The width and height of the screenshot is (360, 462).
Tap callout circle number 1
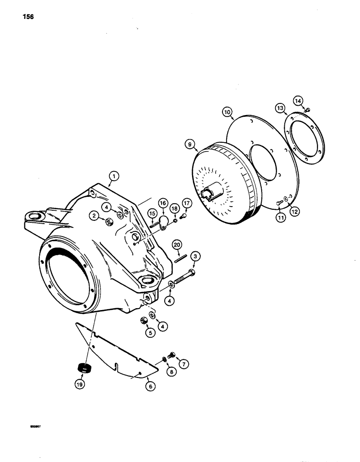tap(114, 176)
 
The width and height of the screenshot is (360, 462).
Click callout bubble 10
tap(227, 112)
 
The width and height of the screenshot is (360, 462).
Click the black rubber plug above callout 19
tap(84, 368)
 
